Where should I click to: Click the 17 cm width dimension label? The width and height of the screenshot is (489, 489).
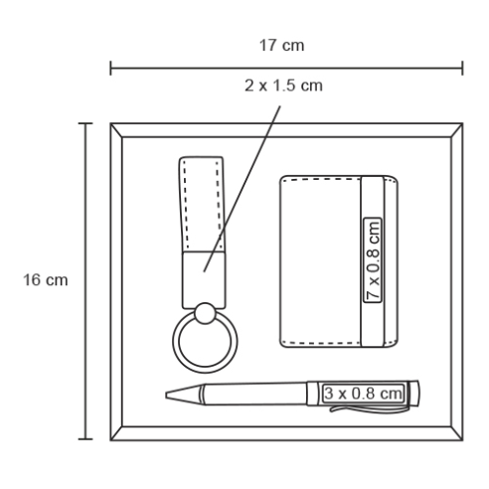point(281,46)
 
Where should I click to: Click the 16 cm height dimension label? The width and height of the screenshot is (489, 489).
point(46,280)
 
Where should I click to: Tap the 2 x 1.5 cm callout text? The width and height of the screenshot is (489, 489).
point(283,85)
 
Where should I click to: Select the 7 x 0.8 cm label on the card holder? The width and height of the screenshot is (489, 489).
point(373,260)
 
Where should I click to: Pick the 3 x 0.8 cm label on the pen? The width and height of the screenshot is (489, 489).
point(364,394)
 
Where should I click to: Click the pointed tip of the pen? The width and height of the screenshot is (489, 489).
point(167,395)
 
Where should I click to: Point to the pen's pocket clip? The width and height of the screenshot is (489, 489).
point(370,408)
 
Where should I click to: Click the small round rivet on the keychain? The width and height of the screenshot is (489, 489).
point(205,313)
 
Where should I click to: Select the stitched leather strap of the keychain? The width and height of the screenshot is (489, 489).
point(202,204)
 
